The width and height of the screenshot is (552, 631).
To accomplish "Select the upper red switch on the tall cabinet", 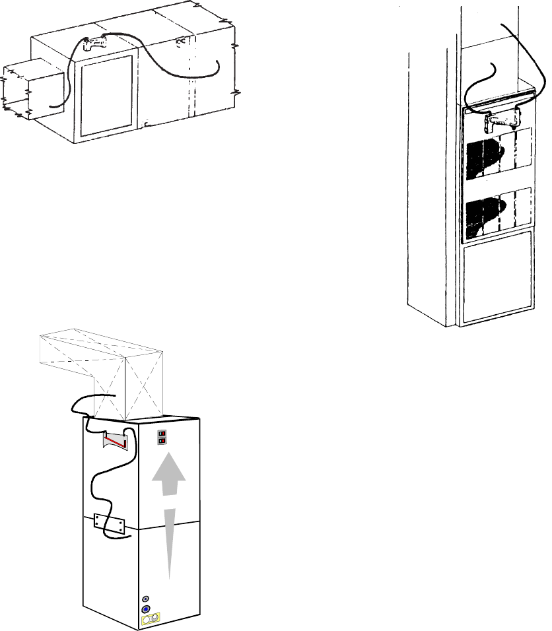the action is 163,434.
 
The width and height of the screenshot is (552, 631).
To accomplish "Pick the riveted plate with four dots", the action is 110,525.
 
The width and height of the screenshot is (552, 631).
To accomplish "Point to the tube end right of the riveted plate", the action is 127,539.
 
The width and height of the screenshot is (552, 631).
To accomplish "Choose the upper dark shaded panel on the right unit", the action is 498,154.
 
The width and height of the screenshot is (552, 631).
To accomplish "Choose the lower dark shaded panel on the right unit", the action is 498,213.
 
